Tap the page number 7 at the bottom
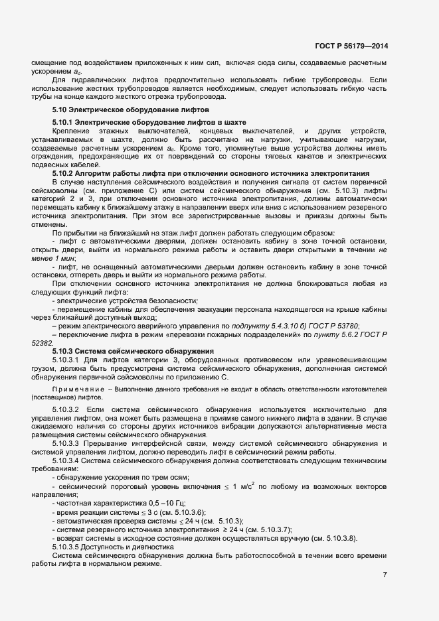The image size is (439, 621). click(385, 575)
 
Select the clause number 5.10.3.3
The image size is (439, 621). click(66, 443)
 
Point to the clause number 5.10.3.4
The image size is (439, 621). click(66, 460)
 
